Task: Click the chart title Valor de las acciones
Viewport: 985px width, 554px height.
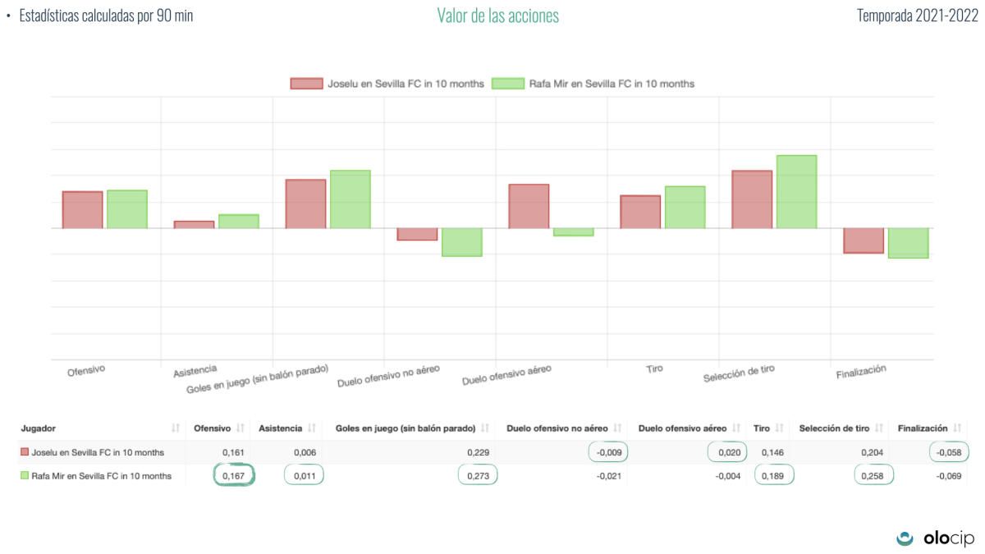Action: (497, 16)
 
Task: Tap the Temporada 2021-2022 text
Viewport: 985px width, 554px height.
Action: (917, 16)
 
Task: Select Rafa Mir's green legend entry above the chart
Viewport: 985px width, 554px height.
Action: (593, 84)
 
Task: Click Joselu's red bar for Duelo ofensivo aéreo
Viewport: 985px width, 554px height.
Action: (529, 206)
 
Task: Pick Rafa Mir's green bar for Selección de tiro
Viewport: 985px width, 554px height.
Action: (796, 191)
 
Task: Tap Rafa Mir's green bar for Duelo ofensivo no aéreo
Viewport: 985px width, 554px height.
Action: (461, 242)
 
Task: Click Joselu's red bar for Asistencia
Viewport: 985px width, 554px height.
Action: (194, 224)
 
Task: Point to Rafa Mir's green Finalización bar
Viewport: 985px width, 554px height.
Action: (908, 243)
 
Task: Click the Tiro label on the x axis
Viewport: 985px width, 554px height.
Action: (654, 369)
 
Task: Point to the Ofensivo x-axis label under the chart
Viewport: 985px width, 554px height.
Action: (86, 370)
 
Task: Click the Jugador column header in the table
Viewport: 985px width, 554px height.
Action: (39, 428)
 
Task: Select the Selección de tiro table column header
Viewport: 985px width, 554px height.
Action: (834, 428)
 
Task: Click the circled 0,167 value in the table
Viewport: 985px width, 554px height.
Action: (234, 476)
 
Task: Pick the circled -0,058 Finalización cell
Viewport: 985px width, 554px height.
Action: (949, 452)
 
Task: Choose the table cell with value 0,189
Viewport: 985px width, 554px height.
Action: (773, 476)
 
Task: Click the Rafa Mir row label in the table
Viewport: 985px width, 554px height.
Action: (101, 476)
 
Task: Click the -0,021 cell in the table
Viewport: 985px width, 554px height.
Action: (595, 476)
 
